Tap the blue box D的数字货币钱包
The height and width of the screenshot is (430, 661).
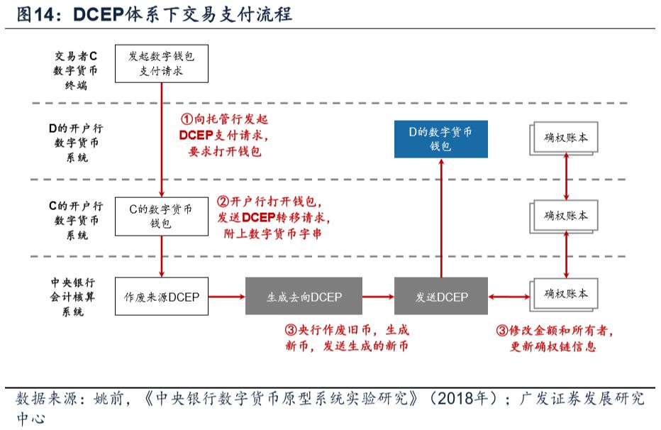tap(441, 139)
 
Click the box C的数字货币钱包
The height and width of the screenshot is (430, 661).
tap(162, 216)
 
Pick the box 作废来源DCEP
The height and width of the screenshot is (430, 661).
tap(162, 297)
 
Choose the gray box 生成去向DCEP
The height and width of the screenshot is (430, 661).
tap(304, 297)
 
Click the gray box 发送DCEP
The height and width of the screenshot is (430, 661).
tap(441, 297)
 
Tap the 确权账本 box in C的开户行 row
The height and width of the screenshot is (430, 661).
tap(565, 215)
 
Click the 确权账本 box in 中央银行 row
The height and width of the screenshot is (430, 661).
tap(565, 294)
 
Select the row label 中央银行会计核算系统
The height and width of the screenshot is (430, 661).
tap(77, 297)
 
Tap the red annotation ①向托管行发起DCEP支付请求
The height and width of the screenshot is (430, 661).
tap(226, 134)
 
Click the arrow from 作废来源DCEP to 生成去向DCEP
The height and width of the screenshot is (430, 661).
tap(227, 297)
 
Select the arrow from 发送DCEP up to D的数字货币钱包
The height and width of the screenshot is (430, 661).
tap(441, 216)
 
